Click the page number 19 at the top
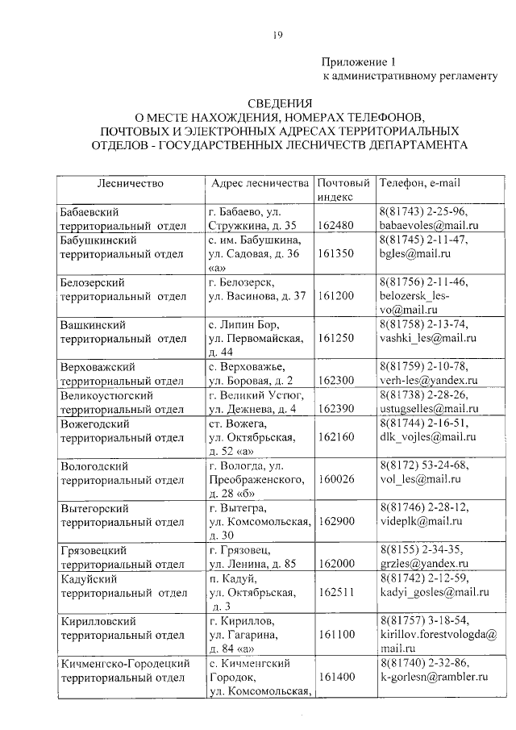277,33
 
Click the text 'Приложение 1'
360,61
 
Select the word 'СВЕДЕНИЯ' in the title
278,102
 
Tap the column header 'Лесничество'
130,183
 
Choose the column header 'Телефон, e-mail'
420,183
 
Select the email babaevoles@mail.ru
429,225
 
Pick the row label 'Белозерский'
94,282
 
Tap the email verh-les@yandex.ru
428,380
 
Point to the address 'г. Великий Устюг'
255,394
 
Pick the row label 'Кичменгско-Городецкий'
125,663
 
